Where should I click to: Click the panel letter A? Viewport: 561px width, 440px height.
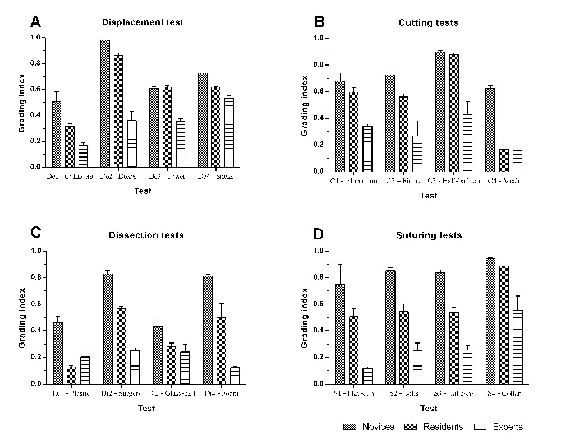click(35, 22)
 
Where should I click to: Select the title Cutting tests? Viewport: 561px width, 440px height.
click(428, 23)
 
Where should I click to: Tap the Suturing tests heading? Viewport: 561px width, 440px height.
click(428, 235)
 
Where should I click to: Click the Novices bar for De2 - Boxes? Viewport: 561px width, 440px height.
click(105, 104)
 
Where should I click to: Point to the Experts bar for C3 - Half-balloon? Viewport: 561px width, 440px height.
click(467, 143)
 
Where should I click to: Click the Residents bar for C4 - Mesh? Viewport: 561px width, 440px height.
click(504, 160)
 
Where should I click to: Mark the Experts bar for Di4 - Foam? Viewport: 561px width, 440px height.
click(235, 376)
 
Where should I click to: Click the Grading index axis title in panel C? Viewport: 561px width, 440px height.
click(22, 317)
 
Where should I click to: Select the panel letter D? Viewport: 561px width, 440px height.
click(318, 234)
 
